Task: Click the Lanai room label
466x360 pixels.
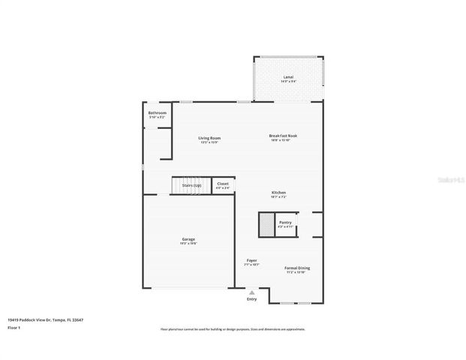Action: click(287, 77)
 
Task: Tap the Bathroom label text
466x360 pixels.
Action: click(157, 113)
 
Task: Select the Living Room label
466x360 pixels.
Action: click(209, 138)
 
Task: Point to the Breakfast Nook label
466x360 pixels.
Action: click(284, 136)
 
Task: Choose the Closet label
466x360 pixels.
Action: click(223, 184)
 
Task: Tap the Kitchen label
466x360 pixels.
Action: click(278, 193)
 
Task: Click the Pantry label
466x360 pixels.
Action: click(285, 222)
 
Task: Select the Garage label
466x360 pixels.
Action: click(188, 239)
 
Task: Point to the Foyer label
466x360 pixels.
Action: click(252, 260)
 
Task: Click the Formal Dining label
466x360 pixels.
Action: click(297, 268)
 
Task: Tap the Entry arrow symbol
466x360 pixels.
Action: click(252, 292)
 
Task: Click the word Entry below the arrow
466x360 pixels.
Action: click(252, 299)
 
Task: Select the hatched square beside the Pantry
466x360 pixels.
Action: click(266, 224)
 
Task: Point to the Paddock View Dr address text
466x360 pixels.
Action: click(45, 319)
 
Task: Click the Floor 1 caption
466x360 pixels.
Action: click(15, 328)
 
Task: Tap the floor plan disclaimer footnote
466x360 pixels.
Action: click(233, 329)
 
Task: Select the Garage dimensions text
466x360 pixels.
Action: click(188, 244)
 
